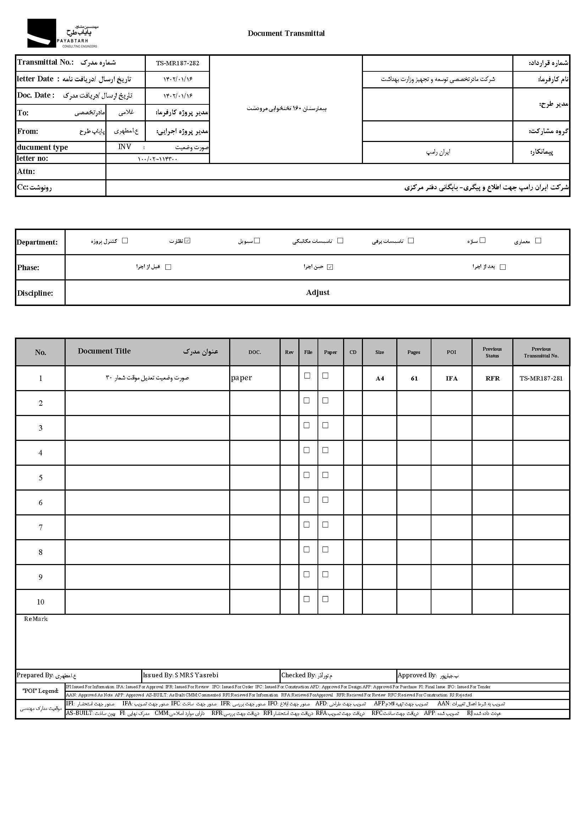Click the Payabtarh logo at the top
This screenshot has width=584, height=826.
coord(62,33)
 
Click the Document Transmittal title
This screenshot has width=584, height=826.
coord(286,33)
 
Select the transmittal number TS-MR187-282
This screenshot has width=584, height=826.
coord(177,63)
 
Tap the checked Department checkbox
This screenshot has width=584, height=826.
coord(187,241)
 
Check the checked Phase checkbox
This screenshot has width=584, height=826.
coord(330,267)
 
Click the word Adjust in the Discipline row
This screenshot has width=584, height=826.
coord(318,292)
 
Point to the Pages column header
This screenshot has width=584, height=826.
coord(414,352)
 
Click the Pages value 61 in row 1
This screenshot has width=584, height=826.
coord(414,378)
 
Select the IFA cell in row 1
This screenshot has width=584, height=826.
coord(451,378)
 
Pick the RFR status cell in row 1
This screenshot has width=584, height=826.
coord(492,378)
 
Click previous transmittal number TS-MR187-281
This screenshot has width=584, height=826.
coord(541,378)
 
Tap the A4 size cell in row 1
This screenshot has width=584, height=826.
coord(380,378)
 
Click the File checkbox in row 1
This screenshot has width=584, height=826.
coord(307,376)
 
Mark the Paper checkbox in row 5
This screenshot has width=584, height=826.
coord(325,475)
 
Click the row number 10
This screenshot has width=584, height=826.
coord(40,602)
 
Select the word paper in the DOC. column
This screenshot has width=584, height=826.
coord(241,378)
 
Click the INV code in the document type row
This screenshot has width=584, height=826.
coord(125,147)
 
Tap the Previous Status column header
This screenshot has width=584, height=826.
coord(492,352)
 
